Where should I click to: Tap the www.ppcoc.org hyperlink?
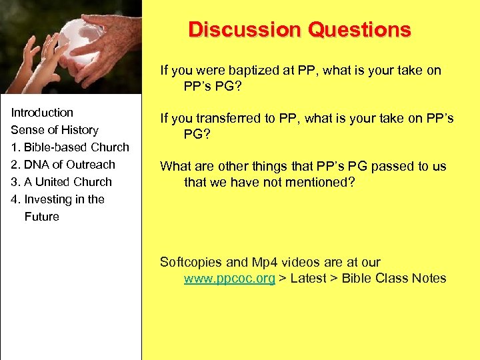tap(229, 279)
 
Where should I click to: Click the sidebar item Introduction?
tap(42, 113)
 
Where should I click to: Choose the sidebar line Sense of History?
tap(55, 130)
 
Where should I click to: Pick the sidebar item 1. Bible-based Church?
tap(70, 147)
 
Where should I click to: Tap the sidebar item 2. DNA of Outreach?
tap(63, 165)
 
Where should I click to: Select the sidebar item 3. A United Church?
tap(61, 182)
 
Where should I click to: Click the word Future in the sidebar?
tap(42, 217)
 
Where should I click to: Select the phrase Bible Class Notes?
tap(393, 279)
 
